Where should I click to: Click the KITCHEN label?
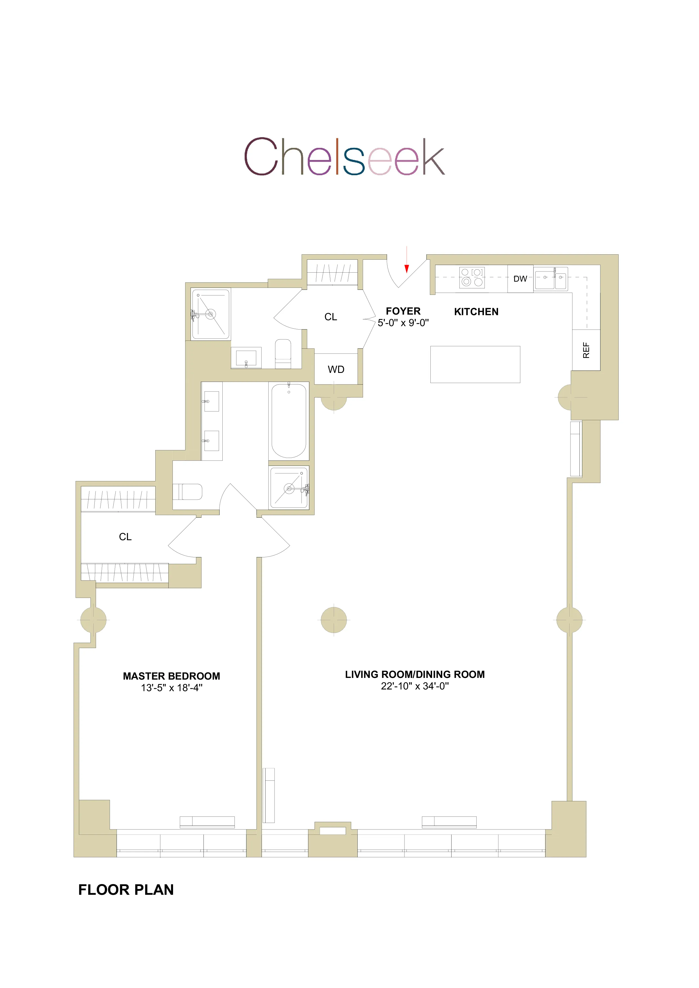pyautogui.click(x=476, y=311)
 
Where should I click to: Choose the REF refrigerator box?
pyautogui.click(x=586, y=350)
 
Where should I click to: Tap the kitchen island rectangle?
pyautogui.click(x=475, y=364)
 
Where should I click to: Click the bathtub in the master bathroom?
pyautogui.click(x=289, y=421)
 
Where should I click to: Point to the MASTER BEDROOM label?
pyautogui.click(x=171, y=676)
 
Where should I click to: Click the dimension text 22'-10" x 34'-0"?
pyautogui.click(x=415, y=686)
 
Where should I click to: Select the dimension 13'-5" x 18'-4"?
pyautogui.click(x=171, y=688)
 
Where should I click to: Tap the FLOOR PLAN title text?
pyautogui.click(x=126, y=889)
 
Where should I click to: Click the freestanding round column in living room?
pyautogui.click(x=334, y=620)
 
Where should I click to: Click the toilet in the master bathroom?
pyautogui.click(x=188, y=491)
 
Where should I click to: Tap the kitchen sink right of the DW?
pyautogui.click(x=550, y=279)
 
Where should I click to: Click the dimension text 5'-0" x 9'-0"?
pyautogui.click(x=403, y=323)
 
